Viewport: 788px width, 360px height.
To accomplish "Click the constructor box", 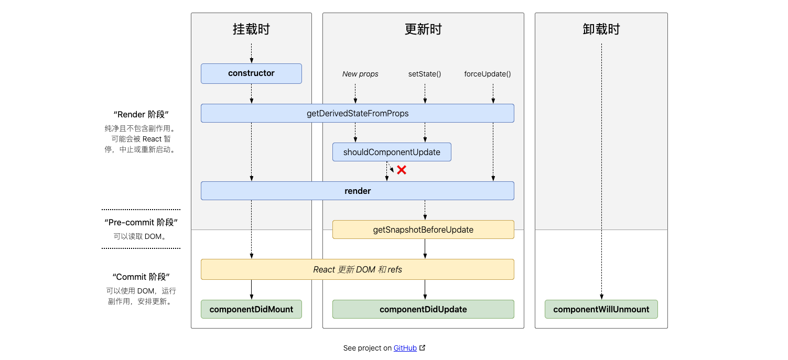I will point(251,73).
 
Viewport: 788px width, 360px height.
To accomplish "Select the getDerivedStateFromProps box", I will point(357,113).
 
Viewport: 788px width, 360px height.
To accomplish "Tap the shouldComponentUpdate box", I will point(392,152).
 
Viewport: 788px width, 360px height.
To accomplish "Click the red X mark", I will point(402,170).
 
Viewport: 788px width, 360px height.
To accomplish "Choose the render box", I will point(357,191).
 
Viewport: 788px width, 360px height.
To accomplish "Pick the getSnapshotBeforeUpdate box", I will point(423,230).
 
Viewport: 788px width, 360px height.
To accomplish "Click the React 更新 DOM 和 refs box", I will point(357,269).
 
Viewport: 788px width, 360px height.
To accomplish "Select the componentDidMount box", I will point(251,309).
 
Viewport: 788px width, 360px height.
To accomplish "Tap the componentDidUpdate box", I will point(423,309).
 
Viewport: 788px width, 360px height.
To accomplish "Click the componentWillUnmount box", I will point(601,309).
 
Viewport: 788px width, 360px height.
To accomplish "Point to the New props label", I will point(360,74).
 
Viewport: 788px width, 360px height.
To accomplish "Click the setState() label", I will point(425,74).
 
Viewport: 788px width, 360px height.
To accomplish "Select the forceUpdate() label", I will point(487,74).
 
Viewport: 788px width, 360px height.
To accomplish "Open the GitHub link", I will point(405,348).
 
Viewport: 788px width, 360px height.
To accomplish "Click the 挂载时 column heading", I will point(251,29).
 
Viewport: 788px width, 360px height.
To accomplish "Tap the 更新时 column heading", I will point(423,29).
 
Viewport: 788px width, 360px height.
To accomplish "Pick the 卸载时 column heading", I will point(601,29).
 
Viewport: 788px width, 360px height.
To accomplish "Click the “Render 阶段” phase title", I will point(141,114).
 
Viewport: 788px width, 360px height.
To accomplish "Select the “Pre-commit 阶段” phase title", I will point(141,222).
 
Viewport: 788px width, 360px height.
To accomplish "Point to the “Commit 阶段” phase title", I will point(141,277).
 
